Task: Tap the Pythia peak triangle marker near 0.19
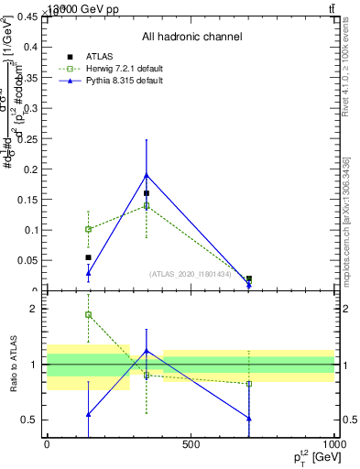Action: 147,175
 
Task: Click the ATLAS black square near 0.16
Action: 147,193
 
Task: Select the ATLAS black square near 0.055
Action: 88,257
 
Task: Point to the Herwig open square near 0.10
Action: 88,229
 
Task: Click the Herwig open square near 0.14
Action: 147,205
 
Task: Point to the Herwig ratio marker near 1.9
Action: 88,314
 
